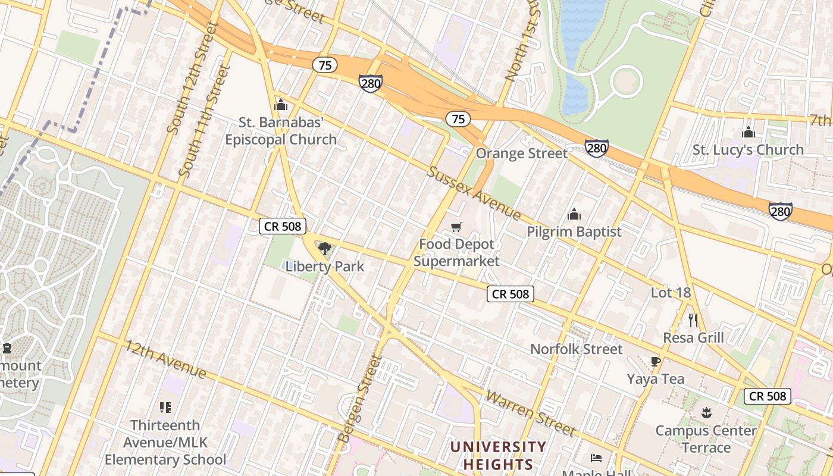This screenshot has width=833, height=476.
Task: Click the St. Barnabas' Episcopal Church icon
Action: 281,106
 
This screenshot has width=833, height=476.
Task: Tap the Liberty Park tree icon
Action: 324,249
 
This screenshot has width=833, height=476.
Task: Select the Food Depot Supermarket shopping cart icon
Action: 456,227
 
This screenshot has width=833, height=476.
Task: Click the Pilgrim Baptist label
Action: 574,231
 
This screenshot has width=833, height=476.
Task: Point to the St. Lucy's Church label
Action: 747,149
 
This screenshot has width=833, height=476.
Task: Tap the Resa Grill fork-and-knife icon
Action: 693,320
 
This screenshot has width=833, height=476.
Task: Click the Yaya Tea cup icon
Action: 655,361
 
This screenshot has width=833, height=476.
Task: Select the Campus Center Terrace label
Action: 706,439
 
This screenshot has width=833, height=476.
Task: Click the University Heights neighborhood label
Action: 497,455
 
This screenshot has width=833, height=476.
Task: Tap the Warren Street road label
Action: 530,413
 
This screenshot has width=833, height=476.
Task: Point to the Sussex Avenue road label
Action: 474,193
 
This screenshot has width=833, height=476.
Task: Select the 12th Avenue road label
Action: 165,359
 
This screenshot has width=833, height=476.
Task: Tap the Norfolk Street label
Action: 576,349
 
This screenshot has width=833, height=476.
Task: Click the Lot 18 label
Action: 671,292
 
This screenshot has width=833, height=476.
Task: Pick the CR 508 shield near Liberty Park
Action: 283,226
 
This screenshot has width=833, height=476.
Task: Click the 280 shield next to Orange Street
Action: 596,148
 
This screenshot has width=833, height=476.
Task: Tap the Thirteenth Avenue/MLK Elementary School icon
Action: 165,408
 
